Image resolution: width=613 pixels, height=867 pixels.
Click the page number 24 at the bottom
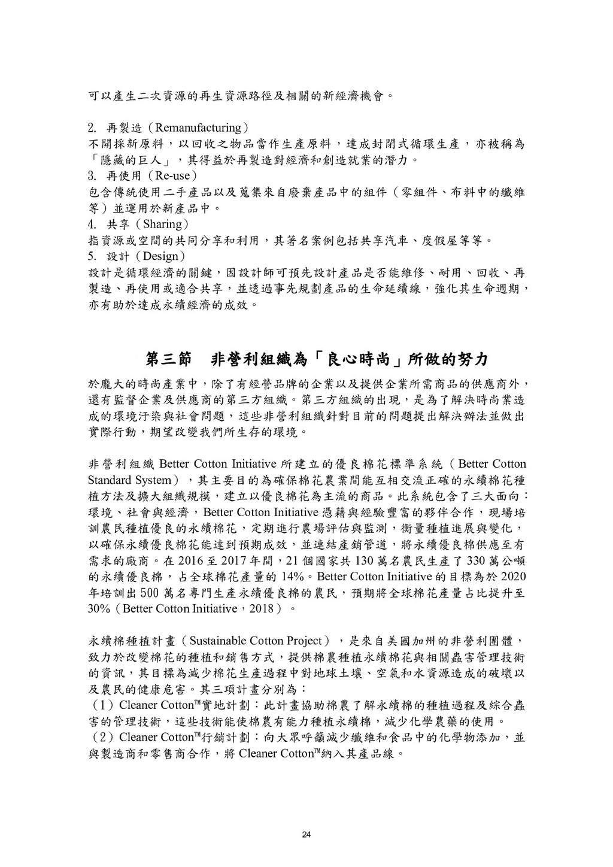306,835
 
